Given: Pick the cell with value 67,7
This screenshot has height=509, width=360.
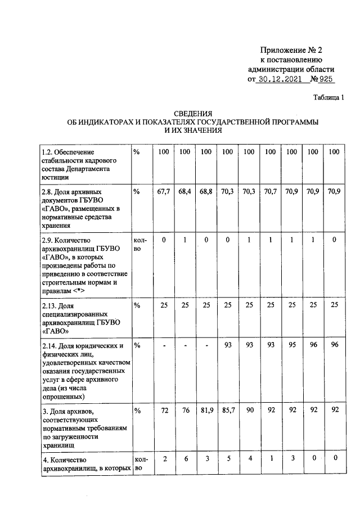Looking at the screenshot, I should [x=164, y=192].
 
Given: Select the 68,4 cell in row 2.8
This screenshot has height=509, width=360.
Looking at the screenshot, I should [x=185, y=192].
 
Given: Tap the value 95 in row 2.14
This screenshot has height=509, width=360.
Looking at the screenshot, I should [x=291, y=344].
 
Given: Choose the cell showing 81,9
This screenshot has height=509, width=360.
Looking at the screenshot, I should [x=206, y=411].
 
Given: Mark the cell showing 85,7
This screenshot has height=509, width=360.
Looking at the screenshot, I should [x=227, y=411].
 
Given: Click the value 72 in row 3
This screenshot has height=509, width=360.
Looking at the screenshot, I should [x=164, y=411].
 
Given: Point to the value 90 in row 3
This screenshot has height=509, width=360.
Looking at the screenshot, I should [x=249, y=411].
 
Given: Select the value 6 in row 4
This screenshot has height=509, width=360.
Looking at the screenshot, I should [x=185, y=459].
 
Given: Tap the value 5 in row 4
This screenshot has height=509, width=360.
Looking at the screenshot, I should [x=227, y=459].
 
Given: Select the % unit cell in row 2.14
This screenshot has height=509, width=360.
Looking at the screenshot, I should [x=137, y=345].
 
